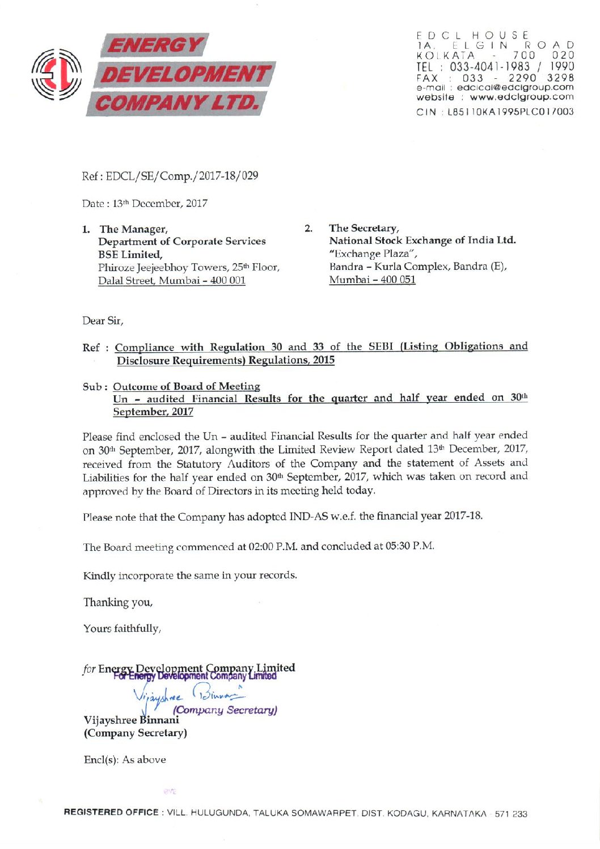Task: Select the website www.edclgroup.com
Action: pos(521,97)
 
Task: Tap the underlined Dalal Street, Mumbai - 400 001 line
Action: pos(171,281)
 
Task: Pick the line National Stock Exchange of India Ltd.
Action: pos(422,240)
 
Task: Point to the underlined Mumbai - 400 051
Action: pos(372,280)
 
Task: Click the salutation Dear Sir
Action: pos(103,321)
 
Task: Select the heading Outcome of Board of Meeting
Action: pos(186,386)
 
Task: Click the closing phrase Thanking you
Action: pos(118,602)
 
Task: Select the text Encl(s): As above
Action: pos(125,760)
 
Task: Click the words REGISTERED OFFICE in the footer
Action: pos(111,813)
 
